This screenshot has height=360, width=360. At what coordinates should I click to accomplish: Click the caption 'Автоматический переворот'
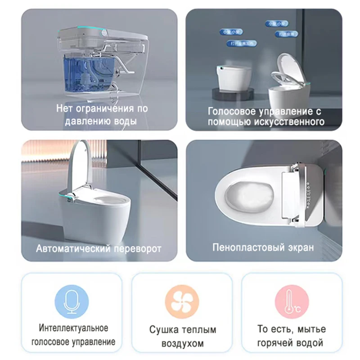(x=99, y=248)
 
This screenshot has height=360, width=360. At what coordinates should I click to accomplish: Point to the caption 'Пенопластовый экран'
(x=263, y=247)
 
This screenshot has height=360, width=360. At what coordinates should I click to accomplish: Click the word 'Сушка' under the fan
(x=163, y=330)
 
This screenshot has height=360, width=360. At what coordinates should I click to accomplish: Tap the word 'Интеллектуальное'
(x=73, y=328)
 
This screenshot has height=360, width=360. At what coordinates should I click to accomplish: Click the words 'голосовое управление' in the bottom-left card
(x=73, y=342)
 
